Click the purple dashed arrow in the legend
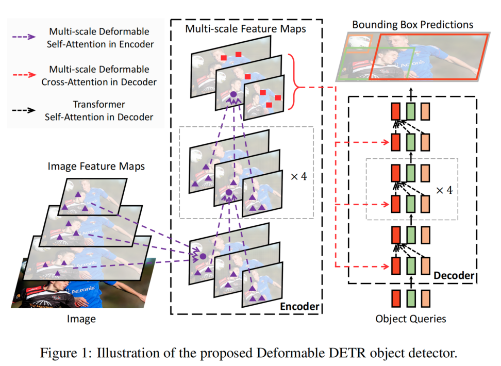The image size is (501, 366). (x=23, y=38)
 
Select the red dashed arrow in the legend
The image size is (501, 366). (x=23, y=75)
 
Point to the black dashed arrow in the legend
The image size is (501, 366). (x=23, y=110)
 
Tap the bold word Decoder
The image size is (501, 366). (x=453, y=276)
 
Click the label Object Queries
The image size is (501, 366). (x=411, y=319)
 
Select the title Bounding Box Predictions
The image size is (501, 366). (x=412, y=24)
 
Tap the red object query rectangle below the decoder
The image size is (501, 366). (x=396, y=299)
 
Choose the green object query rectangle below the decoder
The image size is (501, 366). (x=411, y=299)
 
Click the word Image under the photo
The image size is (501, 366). (x=81, y=319)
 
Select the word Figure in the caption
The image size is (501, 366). (x=60, y=353)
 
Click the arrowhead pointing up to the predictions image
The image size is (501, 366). (x=411, y=89)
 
